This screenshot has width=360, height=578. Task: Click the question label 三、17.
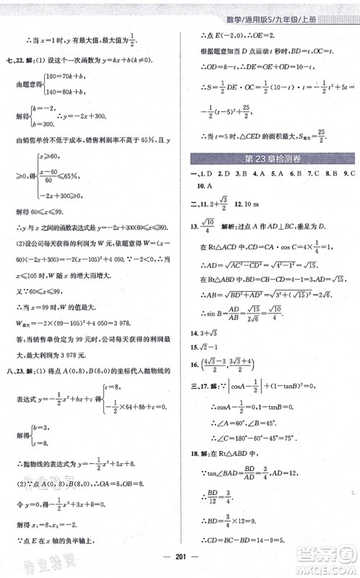202,387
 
